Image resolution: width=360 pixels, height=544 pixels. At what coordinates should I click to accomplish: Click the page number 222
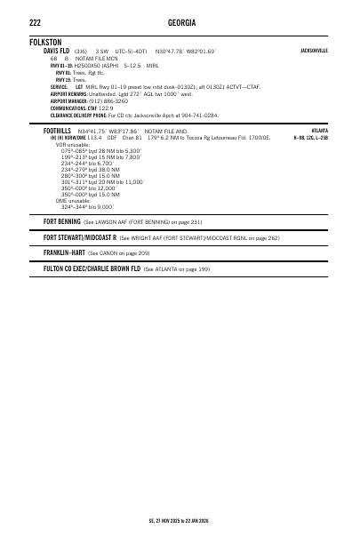tap(36, 20)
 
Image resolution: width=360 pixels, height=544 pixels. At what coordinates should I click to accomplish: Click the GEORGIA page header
tap(180, 20)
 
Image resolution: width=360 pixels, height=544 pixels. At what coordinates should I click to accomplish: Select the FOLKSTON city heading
tap(47, 42)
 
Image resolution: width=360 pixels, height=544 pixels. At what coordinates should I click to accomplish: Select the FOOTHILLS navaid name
tap(58, 131)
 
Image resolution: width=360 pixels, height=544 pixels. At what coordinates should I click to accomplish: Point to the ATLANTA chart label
tap(318, 131)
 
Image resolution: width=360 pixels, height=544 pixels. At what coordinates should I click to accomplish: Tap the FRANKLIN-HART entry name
tap(64, 253)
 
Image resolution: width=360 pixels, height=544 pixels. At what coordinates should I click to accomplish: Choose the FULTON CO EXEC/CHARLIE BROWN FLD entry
tap(92, 268)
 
